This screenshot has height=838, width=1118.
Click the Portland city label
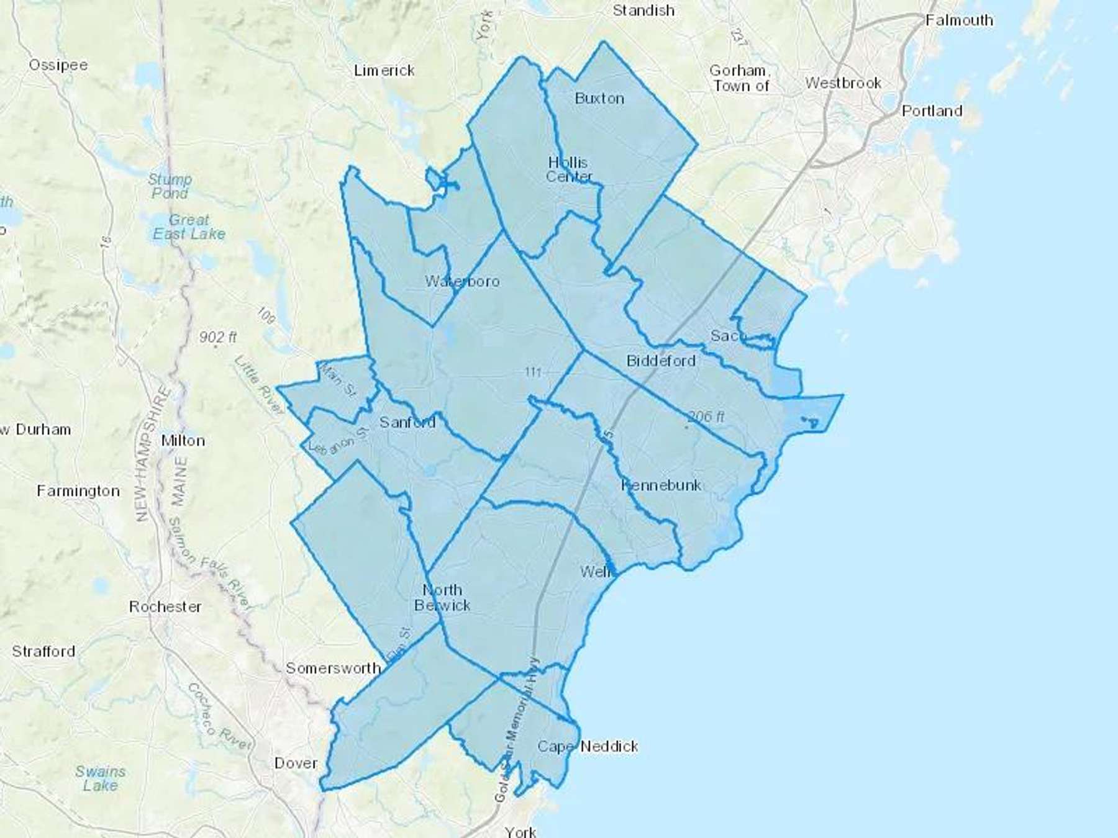coord(932,111)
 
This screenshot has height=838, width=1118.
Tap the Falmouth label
coord(958,20)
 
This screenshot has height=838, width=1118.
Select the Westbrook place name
coord(843,83)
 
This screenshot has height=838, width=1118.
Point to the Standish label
coord(643,11)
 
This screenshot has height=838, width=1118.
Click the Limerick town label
coord(384,71)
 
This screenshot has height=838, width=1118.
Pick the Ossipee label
coord(58,65)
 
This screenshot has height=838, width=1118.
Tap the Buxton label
coord(599,98)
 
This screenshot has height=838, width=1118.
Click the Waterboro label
coord(462,281)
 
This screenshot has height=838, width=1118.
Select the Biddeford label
coord(660,361)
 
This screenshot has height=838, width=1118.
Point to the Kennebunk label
coord(661,485)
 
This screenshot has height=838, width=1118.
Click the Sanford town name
coord(407,423)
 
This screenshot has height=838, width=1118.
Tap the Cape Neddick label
coord(588,746)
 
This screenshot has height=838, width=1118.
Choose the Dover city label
coord(296,763)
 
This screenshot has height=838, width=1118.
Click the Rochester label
coord(165,606)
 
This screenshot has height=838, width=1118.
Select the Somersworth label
coord(333,668)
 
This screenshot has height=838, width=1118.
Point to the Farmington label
coord(78,491)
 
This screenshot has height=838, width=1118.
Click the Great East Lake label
coord(189,227)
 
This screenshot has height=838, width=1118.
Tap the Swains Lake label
coord(101,778)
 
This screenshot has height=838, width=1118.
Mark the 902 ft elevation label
coord(218,337)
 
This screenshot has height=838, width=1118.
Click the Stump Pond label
coord(170,186)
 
